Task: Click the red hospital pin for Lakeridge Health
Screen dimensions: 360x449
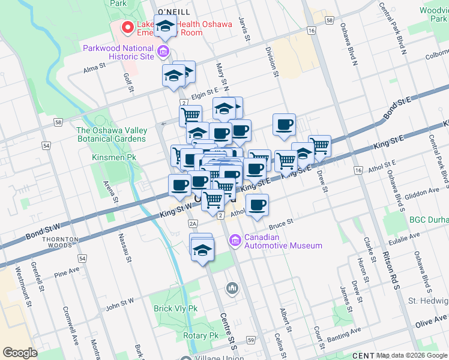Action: point(127,28)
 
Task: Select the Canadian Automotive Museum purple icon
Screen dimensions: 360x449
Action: point(235,241)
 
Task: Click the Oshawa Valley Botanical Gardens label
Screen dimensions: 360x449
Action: point(111,134)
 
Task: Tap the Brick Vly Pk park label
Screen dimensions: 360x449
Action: point(175,308)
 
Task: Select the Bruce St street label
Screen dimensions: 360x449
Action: point(280,224)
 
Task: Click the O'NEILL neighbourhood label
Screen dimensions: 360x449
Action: point(173,12)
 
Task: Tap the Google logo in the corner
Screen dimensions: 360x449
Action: point(20,353)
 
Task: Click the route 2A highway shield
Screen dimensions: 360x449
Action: point(193,224)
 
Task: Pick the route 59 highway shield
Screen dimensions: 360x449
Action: point(250,340)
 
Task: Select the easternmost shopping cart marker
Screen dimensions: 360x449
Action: point(319,145)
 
